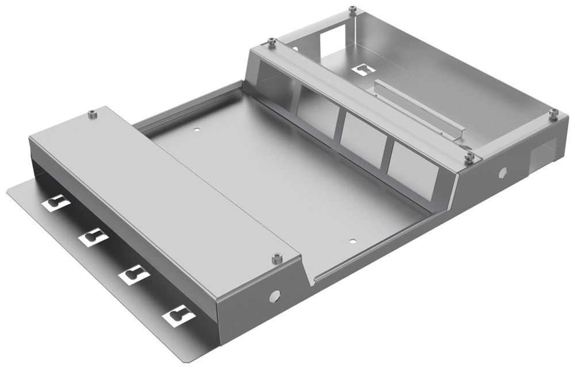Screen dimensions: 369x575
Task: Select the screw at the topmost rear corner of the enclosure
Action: point(352,10)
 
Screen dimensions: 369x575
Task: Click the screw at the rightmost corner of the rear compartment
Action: point(553,114)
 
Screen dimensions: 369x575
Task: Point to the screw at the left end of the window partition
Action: point(271,42)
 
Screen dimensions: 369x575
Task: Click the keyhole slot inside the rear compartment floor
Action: point(363,69)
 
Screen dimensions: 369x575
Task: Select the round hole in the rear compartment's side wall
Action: point(503,172)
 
